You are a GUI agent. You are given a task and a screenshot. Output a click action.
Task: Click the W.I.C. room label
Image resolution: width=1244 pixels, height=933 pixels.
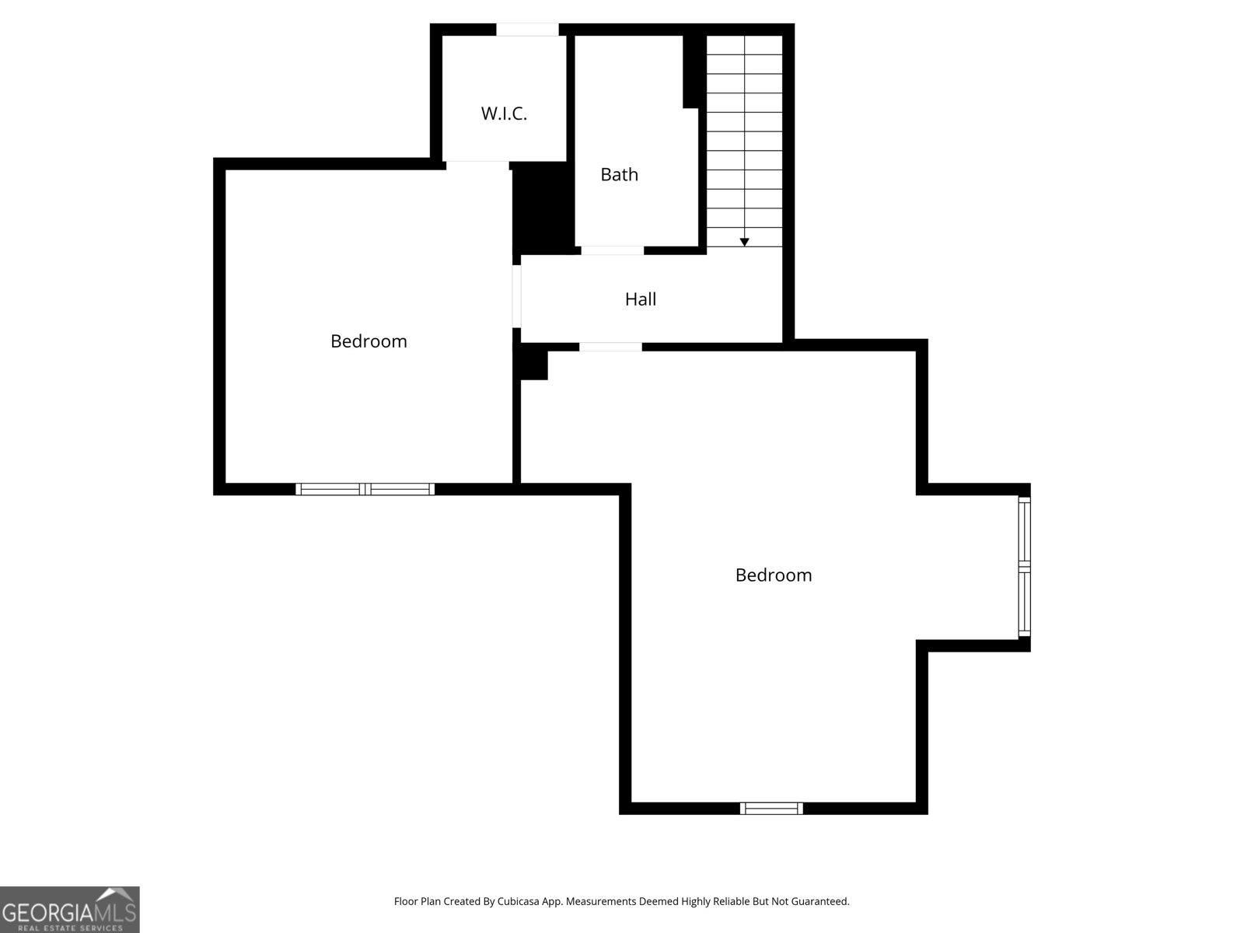coord(504,114)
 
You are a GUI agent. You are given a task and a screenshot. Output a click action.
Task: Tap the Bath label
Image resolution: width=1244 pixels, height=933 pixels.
coord(619,174)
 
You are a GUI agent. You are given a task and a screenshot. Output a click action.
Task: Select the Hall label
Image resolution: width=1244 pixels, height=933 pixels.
coord(641,299)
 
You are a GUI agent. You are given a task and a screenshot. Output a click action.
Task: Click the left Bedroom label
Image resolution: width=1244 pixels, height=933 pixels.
coord(369,341)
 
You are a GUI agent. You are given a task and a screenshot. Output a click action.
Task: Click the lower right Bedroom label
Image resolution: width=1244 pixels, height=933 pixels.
coord(774,575)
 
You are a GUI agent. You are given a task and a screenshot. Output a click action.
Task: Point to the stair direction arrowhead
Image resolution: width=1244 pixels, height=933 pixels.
coord(744,243)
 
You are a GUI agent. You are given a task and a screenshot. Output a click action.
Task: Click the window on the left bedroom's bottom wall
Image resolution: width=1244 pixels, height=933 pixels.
coord(365,489)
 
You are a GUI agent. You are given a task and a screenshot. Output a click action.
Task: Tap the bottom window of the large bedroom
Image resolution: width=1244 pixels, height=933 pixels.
coord(771,809)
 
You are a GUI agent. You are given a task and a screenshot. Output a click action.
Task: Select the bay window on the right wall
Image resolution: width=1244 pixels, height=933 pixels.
coord(1025,567)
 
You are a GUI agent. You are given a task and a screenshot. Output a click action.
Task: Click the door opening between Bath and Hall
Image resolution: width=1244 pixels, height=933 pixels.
coord(612,250)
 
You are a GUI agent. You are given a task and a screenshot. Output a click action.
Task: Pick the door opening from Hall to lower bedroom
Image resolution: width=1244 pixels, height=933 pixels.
coord(610,347)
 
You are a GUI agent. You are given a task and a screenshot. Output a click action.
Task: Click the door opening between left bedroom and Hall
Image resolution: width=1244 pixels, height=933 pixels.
coord(516,296)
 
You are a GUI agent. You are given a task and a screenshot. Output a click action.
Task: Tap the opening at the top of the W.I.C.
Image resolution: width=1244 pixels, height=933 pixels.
coord(527,30)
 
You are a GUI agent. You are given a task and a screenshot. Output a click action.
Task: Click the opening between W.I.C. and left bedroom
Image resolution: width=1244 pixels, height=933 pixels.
coord(477,165)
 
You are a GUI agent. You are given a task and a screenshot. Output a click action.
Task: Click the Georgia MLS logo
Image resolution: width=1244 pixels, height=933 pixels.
coord(69,910)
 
